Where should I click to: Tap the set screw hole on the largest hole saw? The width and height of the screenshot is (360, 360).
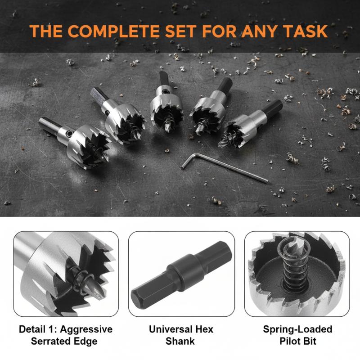(68, 133)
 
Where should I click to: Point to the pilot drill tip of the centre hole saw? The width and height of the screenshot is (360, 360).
(167, 128)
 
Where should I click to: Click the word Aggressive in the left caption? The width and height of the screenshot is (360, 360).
(86, 329)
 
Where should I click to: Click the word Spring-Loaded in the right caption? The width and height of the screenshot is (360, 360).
(297, 329)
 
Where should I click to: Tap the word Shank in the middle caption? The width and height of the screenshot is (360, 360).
(180, 341)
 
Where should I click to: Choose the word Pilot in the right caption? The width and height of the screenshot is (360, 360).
(288, 341)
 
